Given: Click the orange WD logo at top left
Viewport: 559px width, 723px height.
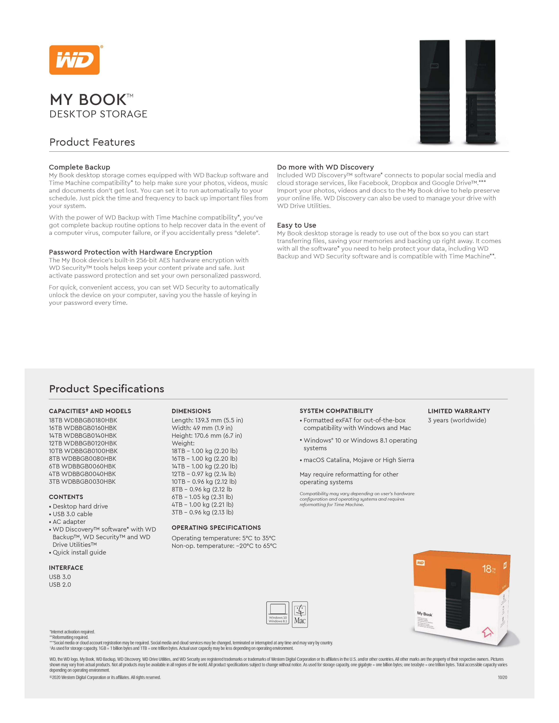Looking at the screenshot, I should point(75,60).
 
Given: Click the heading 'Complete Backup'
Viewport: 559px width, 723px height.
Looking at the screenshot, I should point(80,167).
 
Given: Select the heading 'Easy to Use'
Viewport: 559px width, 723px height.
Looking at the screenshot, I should point(296,225).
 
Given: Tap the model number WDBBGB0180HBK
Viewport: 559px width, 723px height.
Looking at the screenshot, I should point(90,420).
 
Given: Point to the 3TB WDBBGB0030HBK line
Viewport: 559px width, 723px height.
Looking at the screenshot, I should point(82,481).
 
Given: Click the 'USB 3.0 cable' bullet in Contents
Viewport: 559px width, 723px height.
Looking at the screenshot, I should point(73,514).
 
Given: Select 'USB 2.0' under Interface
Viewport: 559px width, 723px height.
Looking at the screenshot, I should point(60,584).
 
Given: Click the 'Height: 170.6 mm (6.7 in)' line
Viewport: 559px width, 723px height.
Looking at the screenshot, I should point(207,435).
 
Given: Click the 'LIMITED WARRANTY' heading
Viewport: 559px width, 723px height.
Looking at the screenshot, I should point(459,411).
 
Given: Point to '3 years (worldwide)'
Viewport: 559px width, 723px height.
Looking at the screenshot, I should point(457,420).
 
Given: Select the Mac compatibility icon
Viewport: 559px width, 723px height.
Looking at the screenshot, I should point(300,614).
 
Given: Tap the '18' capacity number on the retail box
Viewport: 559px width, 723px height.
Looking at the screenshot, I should point(486,569).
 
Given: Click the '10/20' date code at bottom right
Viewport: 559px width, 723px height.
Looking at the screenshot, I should point(502,677).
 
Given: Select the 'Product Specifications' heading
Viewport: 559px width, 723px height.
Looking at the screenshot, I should point(107,389).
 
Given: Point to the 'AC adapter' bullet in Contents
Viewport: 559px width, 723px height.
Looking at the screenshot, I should point(69,521).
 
